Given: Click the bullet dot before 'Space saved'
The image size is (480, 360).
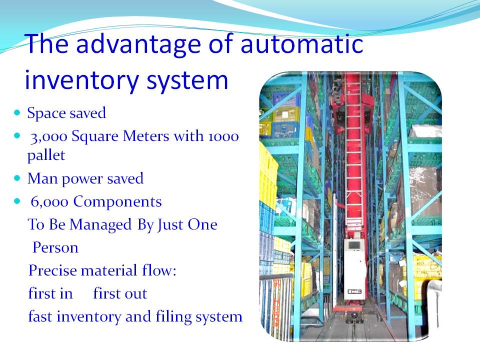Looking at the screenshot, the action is pos(17,112).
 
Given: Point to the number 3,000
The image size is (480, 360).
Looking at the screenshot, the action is pos(49,137).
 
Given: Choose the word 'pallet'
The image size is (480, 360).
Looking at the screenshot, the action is pos(46,155).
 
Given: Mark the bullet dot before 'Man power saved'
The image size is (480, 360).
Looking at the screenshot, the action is pos(17,178).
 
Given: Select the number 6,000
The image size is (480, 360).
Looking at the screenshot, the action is pos(49,202).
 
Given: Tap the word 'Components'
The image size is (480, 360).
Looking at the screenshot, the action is pos(117,202).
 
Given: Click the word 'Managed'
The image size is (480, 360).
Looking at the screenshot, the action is pos(100,225).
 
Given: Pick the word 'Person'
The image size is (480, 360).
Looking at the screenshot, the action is pos(55,247).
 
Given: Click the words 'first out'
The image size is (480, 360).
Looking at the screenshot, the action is pos(120,293).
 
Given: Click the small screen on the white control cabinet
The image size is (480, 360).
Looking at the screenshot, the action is pos(354,245).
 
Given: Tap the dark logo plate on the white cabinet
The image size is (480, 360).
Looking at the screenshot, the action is pos(354,291).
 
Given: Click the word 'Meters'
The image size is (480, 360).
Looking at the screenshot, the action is pos(145,136).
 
